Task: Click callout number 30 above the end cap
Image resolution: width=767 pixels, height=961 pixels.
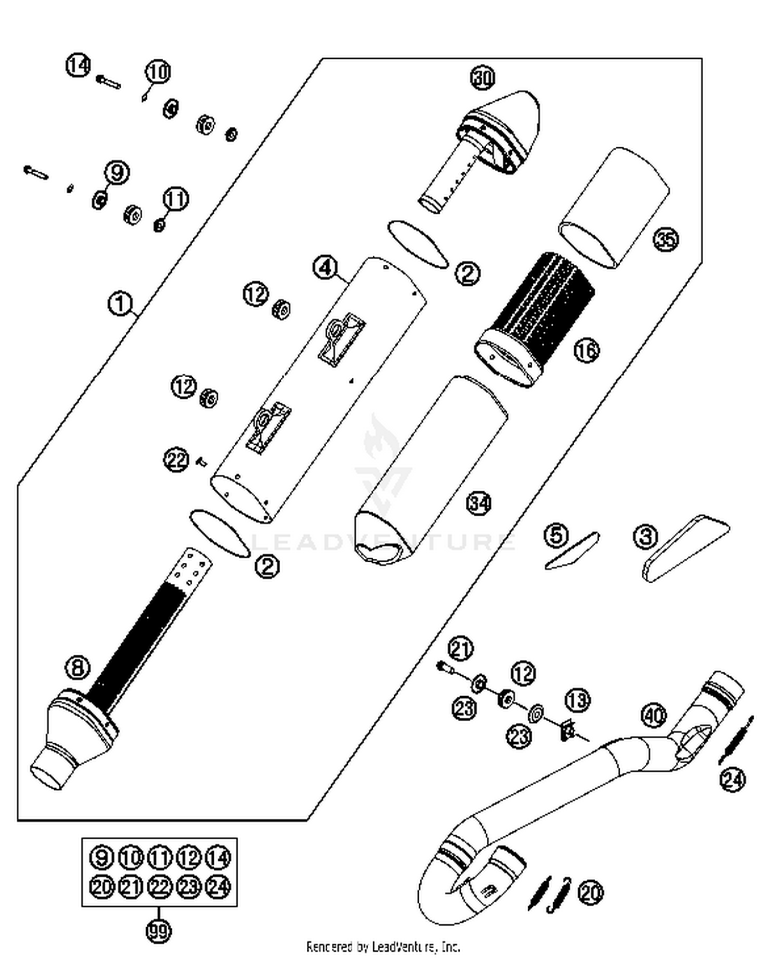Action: tap(482, 78)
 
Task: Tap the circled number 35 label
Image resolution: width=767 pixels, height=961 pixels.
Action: tap(666, 239)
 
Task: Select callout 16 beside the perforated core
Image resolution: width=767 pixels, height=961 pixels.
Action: tap(586, 351)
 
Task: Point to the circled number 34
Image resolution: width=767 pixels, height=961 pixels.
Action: tap(479, 504)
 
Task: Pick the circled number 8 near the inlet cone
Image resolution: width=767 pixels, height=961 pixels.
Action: tap(78, 668)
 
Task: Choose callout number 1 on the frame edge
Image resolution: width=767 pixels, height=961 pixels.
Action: tap(120, 304)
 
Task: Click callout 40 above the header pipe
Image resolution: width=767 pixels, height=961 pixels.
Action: tap(654, 716)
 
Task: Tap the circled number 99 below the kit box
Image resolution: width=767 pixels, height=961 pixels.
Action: tap(158, 931)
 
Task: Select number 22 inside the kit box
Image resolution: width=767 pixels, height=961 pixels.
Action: tap(160, 886)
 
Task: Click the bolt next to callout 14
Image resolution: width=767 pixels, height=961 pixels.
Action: tap(108, 82)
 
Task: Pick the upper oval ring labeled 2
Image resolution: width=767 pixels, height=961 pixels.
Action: tap(418, 244)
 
